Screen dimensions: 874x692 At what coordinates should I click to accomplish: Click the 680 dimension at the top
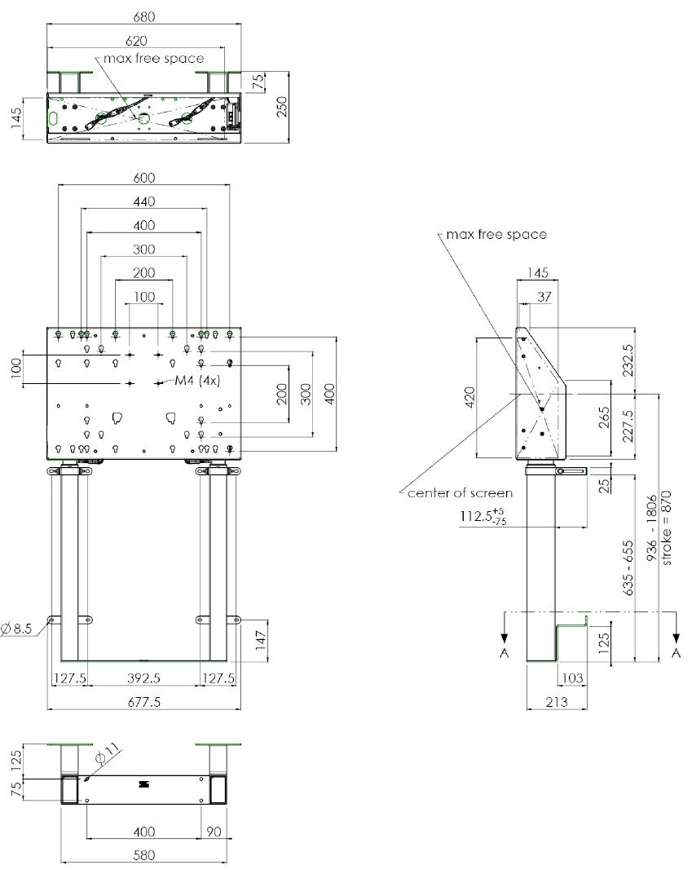click(144, 16)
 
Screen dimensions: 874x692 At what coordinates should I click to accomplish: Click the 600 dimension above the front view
click(144, 179)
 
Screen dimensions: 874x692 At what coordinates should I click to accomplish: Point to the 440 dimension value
click(144, 201)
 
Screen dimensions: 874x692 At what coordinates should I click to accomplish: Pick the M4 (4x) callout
click(198, 381)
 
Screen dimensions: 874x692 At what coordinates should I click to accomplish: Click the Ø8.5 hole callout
click(15, 628)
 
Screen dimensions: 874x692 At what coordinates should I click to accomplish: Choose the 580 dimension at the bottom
click(144, 856)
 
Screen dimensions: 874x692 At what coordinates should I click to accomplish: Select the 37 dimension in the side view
click(544, 298)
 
